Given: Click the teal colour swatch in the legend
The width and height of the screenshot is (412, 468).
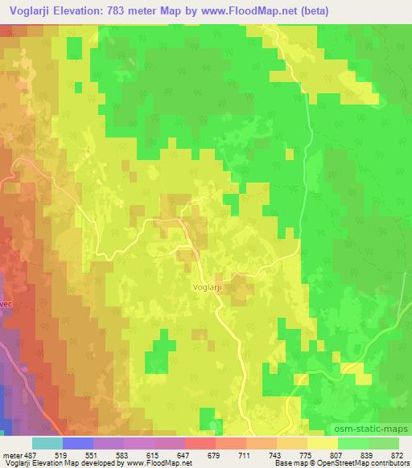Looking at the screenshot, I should coord(47,442).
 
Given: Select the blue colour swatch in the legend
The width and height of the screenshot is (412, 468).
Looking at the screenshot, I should coord(78,442).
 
